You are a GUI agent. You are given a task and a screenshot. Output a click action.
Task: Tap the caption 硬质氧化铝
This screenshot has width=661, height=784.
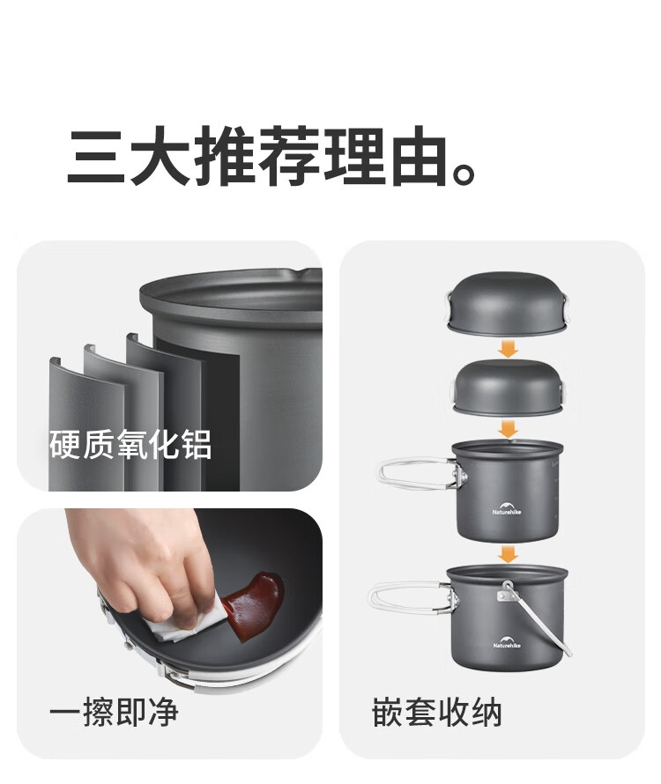(x=130, y=444)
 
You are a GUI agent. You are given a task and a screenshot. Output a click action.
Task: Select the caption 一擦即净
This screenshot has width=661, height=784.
(x=114, y=711)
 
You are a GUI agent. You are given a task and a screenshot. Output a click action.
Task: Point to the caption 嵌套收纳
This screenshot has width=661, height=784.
(x=437, y=712)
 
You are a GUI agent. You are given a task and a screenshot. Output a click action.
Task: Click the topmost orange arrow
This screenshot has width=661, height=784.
(x=508, y=349)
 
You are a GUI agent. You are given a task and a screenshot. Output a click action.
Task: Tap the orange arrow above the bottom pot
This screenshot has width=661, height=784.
(x=508, y=554)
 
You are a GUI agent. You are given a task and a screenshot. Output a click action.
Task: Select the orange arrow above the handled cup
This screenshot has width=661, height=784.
(x=508, y=429)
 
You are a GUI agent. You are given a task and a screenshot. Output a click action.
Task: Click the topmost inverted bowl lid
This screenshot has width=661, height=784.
(x=508, y=303)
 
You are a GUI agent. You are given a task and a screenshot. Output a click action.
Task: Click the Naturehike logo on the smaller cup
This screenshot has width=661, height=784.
(x=507, y=507)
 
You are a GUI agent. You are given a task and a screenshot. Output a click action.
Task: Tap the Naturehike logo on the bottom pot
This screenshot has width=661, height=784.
(x=507, y=641)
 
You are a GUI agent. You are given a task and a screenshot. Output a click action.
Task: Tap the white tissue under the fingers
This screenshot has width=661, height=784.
(x=182, y=623)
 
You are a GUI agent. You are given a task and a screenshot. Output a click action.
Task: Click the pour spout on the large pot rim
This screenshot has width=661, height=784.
(x=294, y=272)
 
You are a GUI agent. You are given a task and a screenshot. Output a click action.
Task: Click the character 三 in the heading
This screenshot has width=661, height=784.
(x=96, y=156)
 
